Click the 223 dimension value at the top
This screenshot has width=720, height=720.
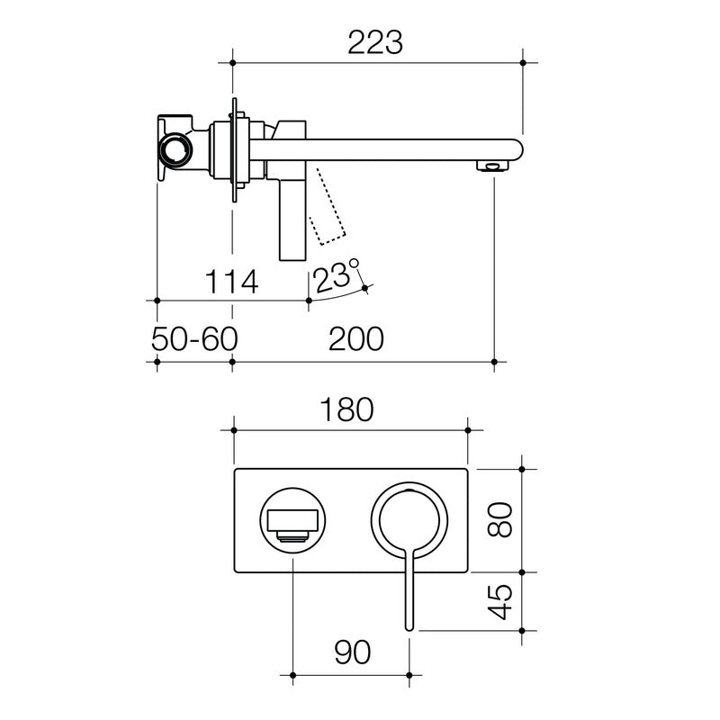click(376, 41)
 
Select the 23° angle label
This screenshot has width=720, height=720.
click(337, 275)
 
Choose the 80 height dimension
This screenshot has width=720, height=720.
click(501, 519)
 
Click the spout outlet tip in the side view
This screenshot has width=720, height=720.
click(493, 166)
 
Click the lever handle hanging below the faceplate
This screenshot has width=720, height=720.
click(410, 594)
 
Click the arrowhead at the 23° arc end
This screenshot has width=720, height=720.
click(365, 288)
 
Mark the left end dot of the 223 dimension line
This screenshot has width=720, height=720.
click(233, 63)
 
